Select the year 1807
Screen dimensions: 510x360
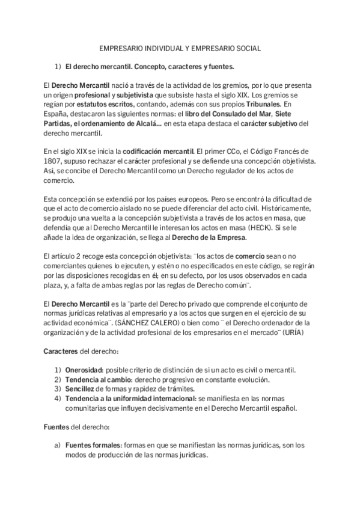(x=54, y=161)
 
